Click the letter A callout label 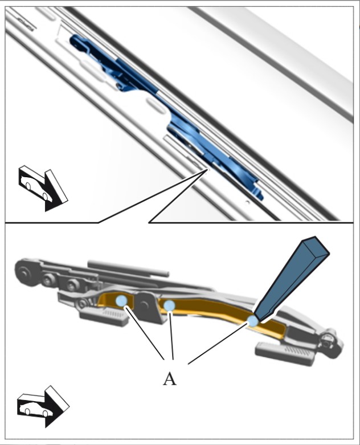(170, 379)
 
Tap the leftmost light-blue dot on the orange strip (121, 301)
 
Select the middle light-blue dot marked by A (169, 305)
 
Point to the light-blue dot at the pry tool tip (252, 321)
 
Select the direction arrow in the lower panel (43, 406)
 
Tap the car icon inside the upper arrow (36, 187)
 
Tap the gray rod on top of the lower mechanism (128, 268)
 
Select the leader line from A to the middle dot (171, 336)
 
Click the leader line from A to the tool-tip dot (218, 343)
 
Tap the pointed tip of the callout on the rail (208, 169)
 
